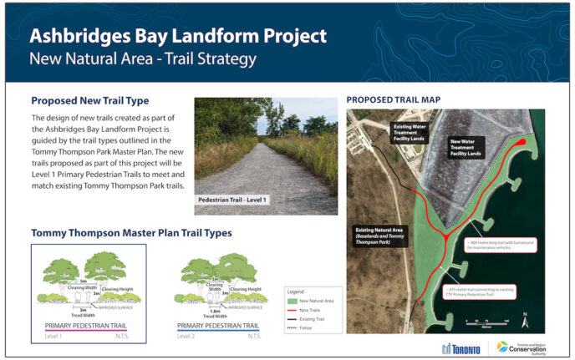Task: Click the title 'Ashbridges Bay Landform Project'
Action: [x=177, y=37]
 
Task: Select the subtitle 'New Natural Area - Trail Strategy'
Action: [x=142, y=59]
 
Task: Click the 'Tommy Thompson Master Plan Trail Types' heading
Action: [x=131, y=233]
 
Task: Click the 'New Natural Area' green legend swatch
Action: [x=293, y=299]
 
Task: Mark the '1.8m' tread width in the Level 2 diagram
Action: [x=215, y=309]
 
